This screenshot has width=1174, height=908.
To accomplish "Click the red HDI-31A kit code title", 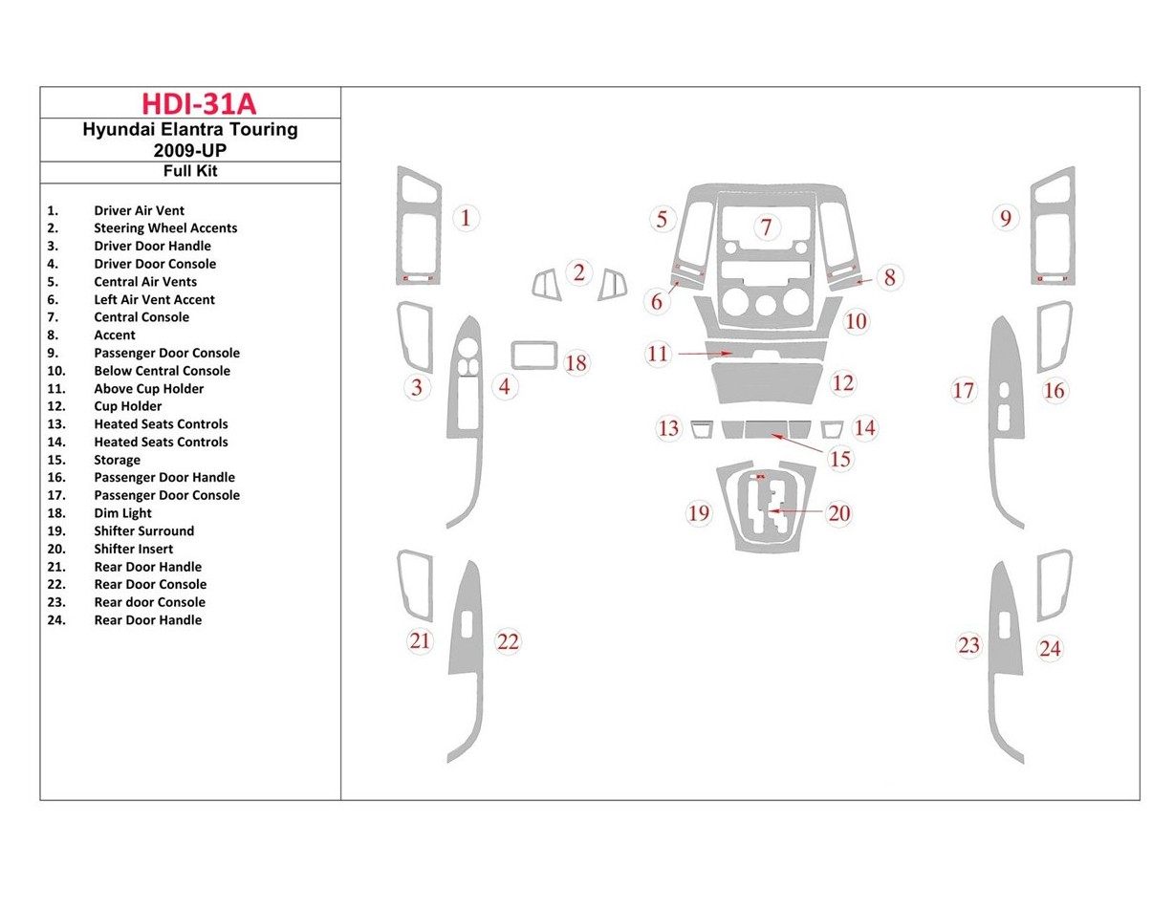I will click(199, 103).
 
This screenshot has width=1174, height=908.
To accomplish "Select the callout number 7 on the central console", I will click(766, 227).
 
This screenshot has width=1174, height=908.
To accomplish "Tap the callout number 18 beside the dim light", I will click(576, 363).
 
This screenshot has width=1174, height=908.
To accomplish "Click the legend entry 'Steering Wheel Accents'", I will click(164, 228).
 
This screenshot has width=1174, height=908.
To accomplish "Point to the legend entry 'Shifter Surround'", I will click(143, 531).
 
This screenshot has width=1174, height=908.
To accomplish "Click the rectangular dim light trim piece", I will click(534, 355).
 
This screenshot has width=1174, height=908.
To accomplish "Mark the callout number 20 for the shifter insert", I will click(838, 513).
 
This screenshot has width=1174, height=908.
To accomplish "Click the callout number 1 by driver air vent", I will click(466, 218).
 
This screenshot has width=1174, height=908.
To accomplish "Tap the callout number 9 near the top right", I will click(1005, 219).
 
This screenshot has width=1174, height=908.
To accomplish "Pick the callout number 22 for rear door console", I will click(508, 642).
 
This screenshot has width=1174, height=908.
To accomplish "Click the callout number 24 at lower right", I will click(1050, 649).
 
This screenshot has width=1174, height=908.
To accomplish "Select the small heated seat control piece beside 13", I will click(701, 428).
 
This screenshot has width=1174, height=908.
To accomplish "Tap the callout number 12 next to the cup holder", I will click(842, 383).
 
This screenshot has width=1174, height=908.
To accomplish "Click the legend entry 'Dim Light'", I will click(122, 513).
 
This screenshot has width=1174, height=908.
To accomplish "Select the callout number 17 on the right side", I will click(964, 390).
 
